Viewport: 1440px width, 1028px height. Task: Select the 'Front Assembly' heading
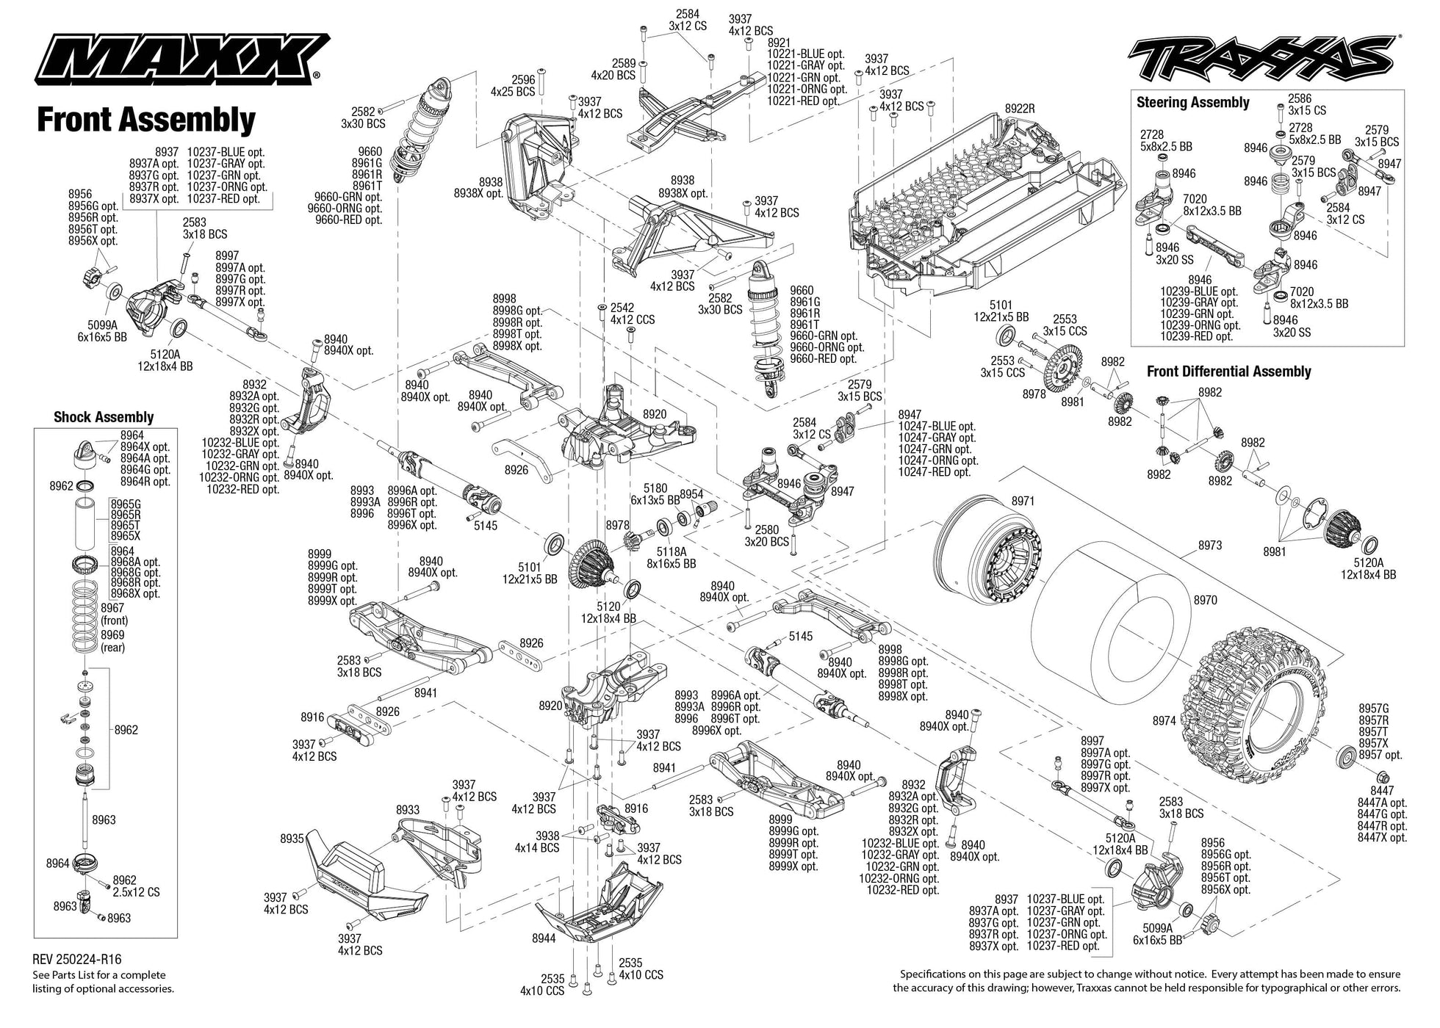[x=145, y=120]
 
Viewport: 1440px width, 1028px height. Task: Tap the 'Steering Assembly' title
[x=1192, y=103]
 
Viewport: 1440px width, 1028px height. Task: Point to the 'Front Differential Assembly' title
[x=1228, y=372]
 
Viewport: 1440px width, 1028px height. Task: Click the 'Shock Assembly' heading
[x=104, y=417]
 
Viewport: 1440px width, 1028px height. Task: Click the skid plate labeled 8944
[x=595, y=911]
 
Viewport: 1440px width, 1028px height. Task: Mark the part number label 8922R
[x=1019, y=109]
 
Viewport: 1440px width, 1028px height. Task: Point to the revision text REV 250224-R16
[x=77, y=959]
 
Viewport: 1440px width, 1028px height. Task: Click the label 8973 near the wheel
[x=1209, y=545]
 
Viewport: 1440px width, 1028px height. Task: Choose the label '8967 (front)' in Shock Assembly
[x=113, y=614]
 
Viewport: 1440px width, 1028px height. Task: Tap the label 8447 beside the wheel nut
[x=1381, y=791]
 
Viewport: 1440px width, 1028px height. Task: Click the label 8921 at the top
[x=779, y=43]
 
